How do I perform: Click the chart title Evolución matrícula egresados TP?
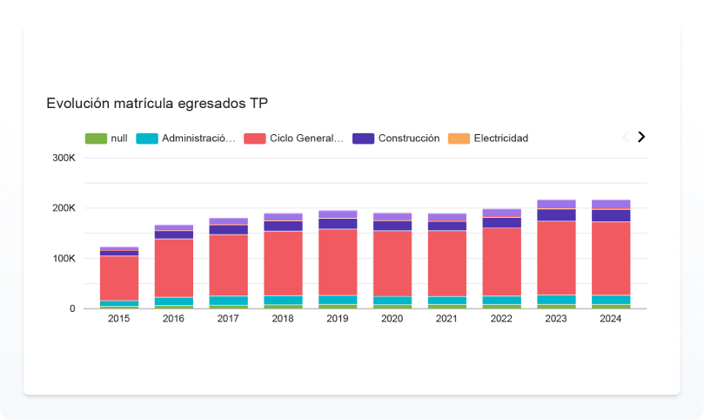[157, 104]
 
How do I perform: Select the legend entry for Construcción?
[397, 139]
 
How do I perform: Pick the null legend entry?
[108, 139]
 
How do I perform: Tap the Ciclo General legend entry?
[295, 139]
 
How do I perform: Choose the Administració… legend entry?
[187, 139]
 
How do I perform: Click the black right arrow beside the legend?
[641, 137]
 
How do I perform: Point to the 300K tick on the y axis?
[64, 158]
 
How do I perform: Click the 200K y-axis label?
[64, 208]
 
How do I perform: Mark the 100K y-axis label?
[64, 259]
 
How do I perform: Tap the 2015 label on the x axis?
[119, 319]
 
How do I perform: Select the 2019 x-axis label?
[338, 319]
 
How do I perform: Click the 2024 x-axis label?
[611, 319]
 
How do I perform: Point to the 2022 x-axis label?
[501, 319]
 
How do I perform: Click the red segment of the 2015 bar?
[119, 278]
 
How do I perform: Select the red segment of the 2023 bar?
[556, 258]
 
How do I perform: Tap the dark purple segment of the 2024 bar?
[611, 215]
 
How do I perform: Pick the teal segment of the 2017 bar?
[228, 301]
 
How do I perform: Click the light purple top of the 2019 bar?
[338, 213]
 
